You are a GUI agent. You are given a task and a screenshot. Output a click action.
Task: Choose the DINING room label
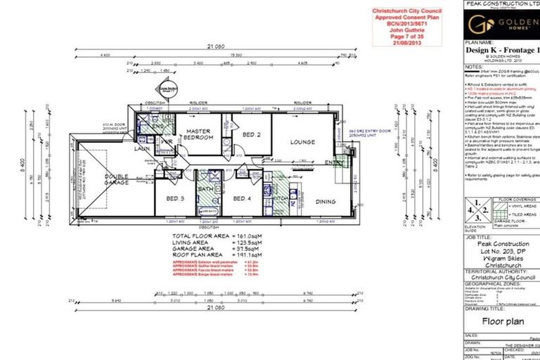325,202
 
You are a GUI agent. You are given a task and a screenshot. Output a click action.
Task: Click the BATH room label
207,190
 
